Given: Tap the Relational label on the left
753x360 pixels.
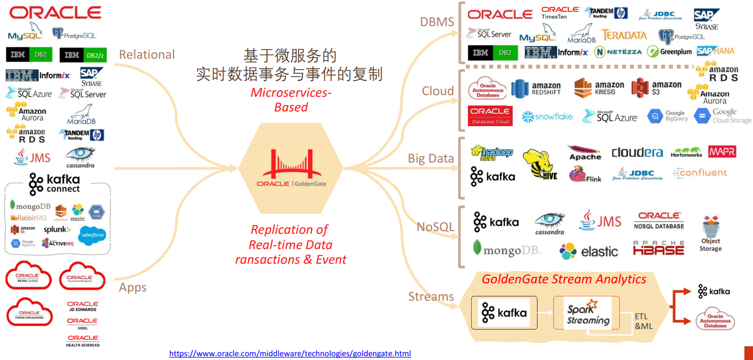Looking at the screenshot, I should tap(147, 54).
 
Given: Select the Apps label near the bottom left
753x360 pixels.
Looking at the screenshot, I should tap(133, 287).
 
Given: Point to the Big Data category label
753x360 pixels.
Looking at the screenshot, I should tap(431, 158).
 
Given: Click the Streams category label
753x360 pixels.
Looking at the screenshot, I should tap(431, 296).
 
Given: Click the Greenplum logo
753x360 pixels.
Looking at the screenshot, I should tap(669, 52).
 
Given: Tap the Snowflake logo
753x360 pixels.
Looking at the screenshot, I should tap(547, 116).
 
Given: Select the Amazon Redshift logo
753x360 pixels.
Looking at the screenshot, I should tap(536, 89).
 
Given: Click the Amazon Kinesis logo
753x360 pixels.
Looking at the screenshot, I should tap(599, 89).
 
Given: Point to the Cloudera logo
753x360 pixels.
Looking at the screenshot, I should tap(637, 153).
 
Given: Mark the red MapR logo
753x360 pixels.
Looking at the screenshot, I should tap(722, 152).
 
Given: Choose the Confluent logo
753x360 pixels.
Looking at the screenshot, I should tap(700, 173).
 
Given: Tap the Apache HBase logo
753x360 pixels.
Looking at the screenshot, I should tap(658, 248).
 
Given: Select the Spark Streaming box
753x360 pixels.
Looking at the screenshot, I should tap(587, 313).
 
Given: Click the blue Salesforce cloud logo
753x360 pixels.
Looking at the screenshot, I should tap(91, 235).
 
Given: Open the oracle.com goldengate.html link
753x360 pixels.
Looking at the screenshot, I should tap(290, 353).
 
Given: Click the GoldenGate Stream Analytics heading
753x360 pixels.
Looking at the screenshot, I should tap(564, 280).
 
